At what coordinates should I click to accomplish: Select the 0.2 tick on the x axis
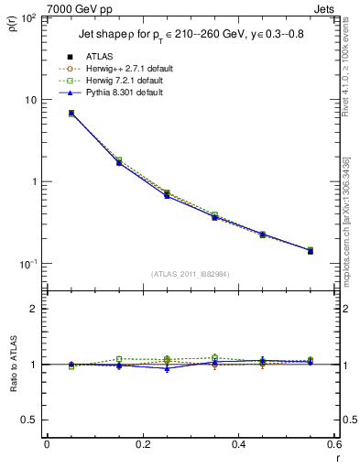[142, 445]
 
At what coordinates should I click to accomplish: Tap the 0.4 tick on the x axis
[237, 445]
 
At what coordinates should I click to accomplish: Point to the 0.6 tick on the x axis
[333, 445]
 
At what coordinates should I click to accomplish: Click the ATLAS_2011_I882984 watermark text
[191, 274]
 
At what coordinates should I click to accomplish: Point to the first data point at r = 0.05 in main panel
[71, 114]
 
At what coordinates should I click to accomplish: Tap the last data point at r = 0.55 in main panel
[310, 250]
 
